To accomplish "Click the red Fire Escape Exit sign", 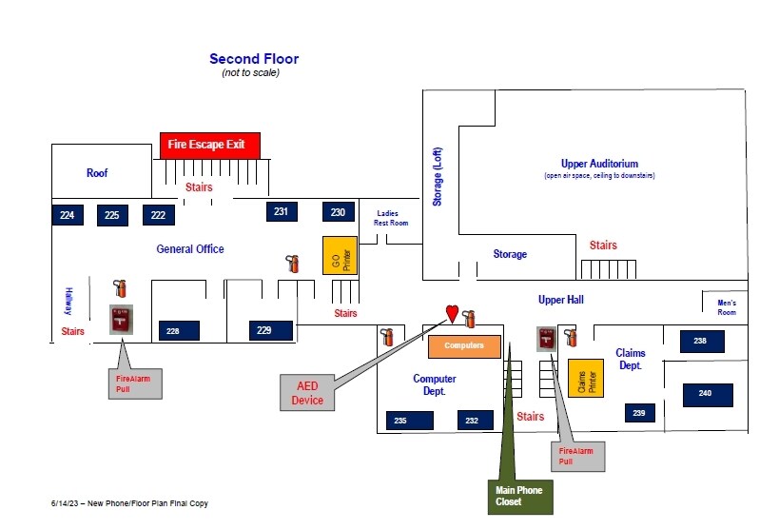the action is pos(210,146).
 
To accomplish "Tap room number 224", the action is pos(68,215).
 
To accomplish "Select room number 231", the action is pos(282,211).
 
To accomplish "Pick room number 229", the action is pos(271,330).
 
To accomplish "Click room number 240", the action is pos(708,395).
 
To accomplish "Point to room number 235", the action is pos(410,421).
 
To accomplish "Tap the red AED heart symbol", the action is pos(452,314).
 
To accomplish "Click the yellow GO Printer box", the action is pos(340,256).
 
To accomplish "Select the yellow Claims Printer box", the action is pos(586,379).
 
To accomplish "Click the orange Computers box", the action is pos(464,346).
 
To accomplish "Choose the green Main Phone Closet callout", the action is pos(520,497).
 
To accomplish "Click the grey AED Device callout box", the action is pos(307,393).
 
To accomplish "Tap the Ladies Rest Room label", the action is pos(391,218).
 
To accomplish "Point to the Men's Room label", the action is pos(727,307).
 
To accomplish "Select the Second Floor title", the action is pos(254,59).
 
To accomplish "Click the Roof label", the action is pos(97,173).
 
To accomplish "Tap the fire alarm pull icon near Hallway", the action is pos(121,319).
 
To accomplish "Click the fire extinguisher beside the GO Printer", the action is pos(293,264).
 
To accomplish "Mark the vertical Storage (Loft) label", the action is pos(437,176).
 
